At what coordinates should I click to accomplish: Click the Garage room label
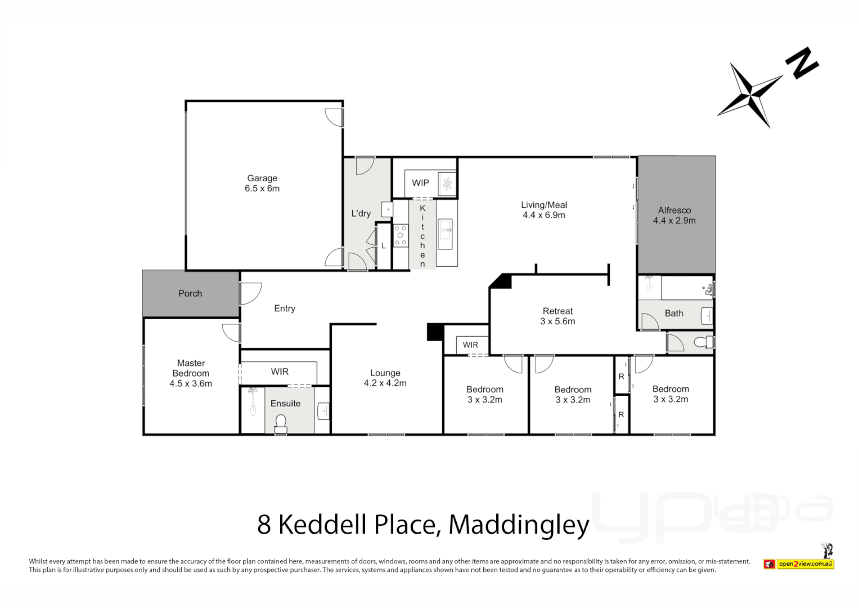262,178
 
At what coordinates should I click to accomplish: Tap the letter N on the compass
802,62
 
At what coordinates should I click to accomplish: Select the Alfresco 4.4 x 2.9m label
674,216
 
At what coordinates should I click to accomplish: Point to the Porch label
190,293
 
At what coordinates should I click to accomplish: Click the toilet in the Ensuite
280,422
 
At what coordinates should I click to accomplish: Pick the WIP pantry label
420,182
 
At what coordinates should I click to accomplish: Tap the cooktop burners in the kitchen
401,235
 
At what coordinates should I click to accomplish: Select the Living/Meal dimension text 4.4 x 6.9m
544,215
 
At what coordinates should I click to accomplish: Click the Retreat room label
557,311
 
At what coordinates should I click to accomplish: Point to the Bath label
674,313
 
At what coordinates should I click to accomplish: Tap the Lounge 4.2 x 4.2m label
385,378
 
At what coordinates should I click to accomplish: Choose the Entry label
285,309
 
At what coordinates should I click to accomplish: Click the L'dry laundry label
361,213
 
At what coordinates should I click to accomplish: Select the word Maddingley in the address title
519,525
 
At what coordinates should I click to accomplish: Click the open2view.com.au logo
804,564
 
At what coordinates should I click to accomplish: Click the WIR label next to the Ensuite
280,372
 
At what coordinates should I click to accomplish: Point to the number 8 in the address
264,525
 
